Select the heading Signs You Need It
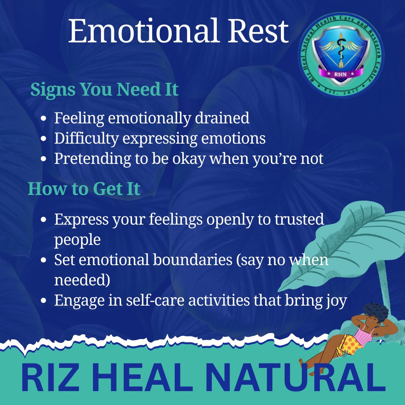click(104, 90)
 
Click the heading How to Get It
click(84, 189)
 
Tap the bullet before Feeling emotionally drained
click(44, 119)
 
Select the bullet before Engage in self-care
click(44, 301)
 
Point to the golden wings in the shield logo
click(341, 46)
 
